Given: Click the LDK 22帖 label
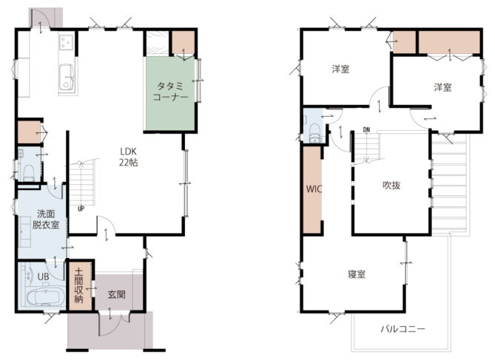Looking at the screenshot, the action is (128, 157).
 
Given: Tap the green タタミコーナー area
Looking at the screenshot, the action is (170, 93).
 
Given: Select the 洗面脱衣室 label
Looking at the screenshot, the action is (46, 220).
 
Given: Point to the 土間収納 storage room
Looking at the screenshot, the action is (80, 285).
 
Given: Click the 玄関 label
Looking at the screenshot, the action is (116, 295).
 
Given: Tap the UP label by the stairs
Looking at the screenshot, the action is (81, 209).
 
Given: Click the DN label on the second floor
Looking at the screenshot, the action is (366, 129).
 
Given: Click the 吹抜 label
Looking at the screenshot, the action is (391, 186).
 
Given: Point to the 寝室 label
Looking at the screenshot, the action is (357, 274).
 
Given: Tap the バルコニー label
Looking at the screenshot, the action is (403, 330).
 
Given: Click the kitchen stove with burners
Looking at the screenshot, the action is (67, 42).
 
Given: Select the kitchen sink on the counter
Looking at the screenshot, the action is (67, 78).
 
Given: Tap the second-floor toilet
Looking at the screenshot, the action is (314, 133).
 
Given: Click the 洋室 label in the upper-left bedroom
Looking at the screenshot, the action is (340, 69).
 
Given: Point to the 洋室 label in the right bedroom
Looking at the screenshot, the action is (442, 87).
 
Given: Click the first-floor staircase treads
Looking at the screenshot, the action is (82, 183).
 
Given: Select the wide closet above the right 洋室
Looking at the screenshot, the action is (449, 42).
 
